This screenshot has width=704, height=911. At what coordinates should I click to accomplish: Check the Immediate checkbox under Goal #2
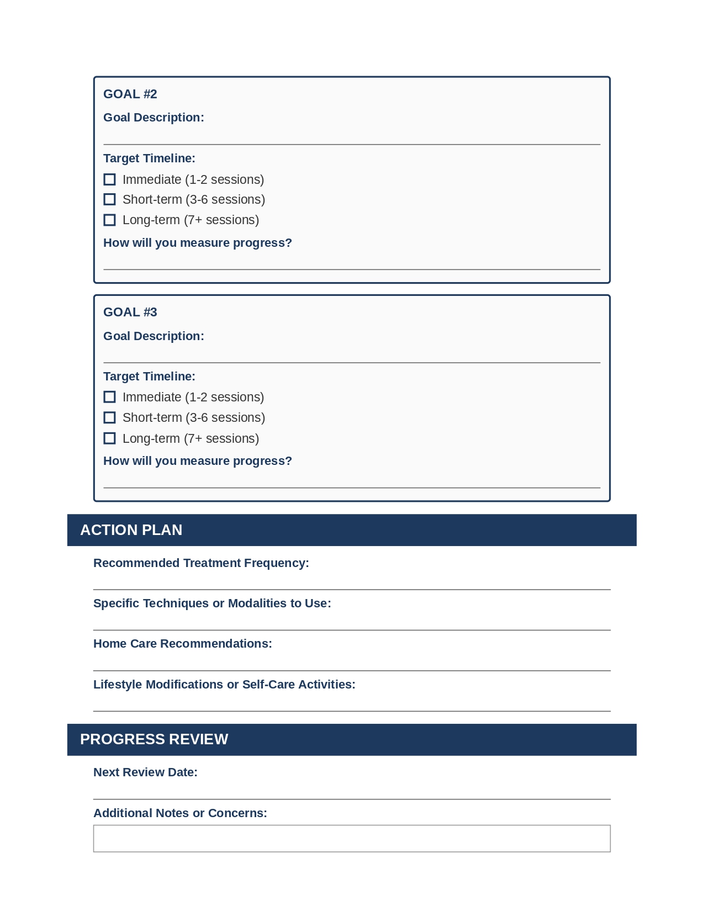tap(110, 179)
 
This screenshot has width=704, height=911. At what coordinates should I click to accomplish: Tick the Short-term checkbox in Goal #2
tap(110, 199)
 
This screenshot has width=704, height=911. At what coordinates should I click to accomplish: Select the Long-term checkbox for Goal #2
tap(110, 220)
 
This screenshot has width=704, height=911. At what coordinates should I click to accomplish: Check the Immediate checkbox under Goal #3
tap(110, 397)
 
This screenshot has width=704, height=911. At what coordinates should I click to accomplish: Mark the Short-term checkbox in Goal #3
tap(110, 417)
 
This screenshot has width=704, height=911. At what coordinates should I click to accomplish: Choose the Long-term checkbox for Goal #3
tap(110, 438)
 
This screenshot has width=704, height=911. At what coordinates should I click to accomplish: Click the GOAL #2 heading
tap(130, 94)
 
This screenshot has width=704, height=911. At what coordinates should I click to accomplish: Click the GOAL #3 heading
tap(130, 312)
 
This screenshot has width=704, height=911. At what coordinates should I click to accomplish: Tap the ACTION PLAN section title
tap(131, 530)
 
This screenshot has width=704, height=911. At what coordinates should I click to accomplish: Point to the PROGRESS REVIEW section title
tap(154, 739)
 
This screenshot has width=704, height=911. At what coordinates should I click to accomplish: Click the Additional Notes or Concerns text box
tap(352, 839)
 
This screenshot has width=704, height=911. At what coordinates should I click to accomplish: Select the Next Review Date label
tap(145, 772)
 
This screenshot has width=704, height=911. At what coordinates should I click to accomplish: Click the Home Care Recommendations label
tap(183, 644)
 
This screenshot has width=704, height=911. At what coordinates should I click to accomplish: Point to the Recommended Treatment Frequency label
tap(201, 563)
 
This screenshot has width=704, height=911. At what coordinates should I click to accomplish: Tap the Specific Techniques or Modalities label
tap(212, 603)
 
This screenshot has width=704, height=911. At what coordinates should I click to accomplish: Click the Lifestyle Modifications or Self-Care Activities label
tap(224, 685)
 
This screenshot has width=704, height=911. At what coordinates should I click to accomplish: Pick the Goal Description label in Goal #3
tap(153, 336)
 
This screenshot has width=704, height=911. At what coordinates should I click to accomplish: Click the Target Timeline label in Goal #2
tap(149, 158)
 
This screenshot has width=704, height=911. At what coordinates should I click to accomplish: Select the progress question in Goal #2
tap(198, 243)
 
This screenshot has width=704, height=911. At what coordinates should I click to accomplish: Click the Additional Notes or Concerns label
tap(180, 813)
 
